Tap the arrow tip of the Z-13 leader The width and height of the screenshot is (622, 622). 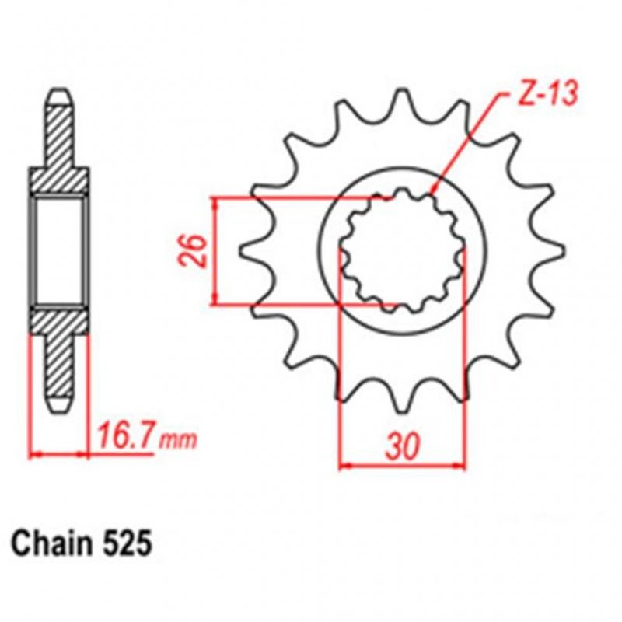coord(433,189)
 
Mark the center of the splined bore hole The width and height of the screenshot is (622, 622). coord(403,250)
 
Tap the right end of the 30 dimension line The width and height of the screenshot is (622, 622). coord(465,467)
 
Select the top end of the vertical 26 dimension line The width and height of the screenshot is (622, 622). coord(215,197)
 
